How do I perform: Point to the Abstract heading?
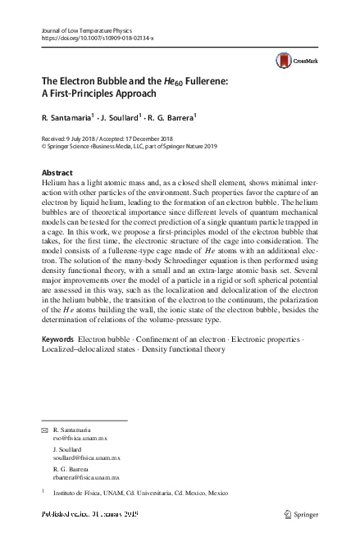(x=57, y=173)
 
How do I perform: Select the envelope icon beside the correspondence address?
(x=44, y=430)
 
